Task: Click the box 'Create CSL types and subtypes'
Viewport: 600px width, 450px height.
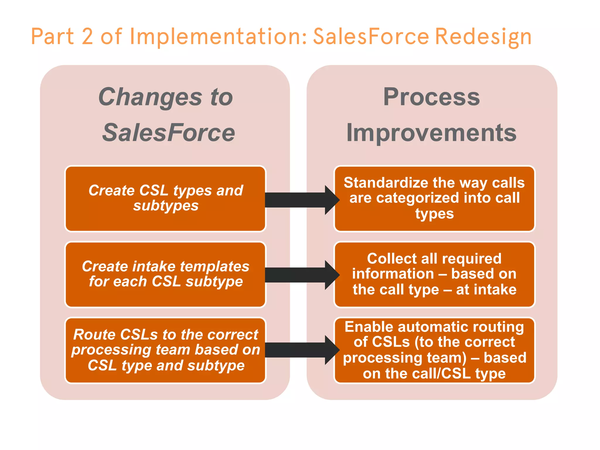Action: [x=166, y=198]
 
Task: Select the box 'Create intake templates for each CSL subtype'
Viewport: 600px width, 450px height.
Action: [x=166, y=274]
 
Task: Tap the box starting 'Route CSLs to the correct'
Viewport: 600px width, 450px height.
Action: [x=166, y=350]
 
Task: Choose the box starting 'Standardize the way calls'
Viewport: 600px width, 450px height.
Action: [x=434, y=198]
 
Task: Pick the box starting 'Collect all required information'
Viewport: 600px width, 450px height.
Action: [x=434, y=274]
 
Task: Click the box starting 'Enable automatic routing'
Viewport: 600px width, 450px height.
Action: [x=434, y=350]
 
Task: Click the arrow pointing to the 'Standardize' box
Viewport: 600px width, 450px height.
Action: [x=302, y=200]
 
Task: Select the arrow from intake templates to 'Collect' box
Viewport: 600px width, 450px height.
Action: [x=302, y=275]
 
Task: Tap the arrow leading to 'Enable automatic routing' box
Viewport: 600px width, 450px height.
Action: [x=302, y=350]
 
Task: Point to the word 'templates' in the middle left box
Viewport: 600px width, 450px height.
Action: [x=214, y=267]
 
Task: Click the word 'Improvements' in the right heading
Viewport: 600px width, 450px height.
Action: [x=432, y=133]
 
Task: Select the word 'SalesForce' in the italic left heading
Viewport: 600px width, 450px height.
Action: [x=168, y=133]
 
